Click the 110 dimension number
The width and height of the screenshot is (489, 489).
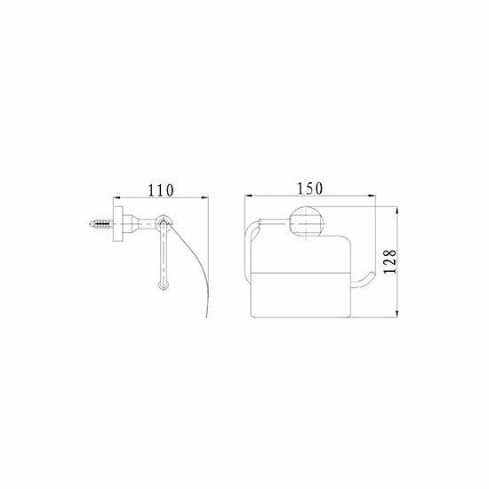(x=160, y=190)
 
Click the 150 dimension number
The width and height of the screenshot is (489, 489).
(x=309, y=188)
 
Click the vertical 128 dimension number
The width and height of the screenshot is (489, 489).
(x=389, y=262)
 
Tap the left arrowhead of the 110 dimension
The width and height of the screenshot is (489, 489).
(x=116, y=197)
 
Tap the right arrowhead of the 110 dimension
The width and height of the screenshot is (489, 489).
(x=204, y=197)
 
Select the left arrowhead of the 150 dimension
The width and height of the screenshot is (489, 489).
(x=248, y=196)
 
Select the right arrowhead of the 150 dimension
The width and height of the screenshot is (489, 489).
(x=372, y=196)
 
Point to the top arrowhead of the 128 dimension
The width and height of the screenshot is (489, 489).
(x=397, y=210)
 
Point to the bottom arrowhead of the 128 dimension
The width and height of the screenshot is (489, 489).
(x=397, y=314)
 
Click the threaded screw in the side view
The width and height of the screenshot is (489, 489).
(x=100, y=224)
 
